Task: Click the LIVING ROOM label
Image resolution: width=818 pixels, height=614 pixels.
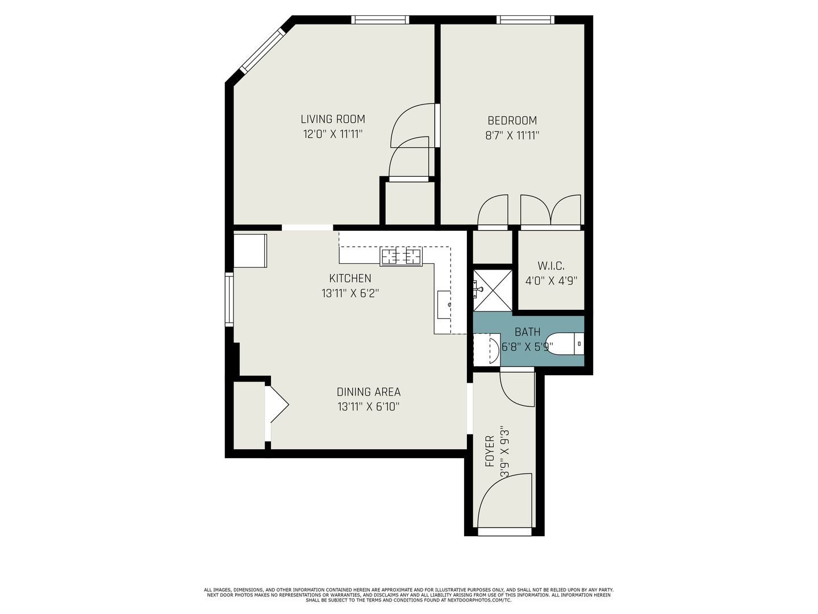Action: pos(333,119)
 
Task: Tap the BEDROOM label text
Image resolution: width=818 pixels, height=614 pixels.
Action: pos(512,121)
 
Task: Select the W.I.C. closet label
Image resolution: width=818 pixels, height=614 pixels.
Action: pos(551,266)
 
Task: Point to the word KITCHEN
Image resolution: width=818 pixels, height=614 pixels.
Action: pos(350,279)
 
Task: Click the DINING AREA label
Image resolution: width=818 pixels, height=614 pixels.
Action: pos(369,392)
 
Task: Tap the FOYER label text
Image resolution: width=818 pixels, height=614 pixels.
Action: pos(490,451)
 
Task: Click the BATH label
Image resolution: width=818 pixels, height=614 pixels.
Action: pos(527,332)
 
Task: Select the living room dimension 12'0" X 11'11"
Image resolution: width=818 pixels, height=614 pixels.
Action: pos(333,134)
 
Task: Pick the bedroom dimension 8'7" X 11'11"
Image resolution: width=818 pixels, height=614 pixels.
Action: pos(512,135)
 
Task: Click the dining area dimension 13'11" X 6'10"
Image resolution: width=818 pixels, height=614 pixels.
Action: pos(369,406)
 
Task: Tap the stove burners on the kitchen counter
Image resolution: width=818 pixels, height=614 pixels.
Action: pos(401,256)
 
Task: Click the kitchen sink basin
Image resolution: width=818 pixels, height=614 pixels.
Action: pos(444,305)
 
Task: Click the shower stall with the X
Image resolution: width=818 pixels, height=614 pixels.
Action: pos(493,291)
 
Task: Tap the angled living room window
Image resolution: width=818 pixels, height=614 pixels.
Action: pos(262,51)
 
